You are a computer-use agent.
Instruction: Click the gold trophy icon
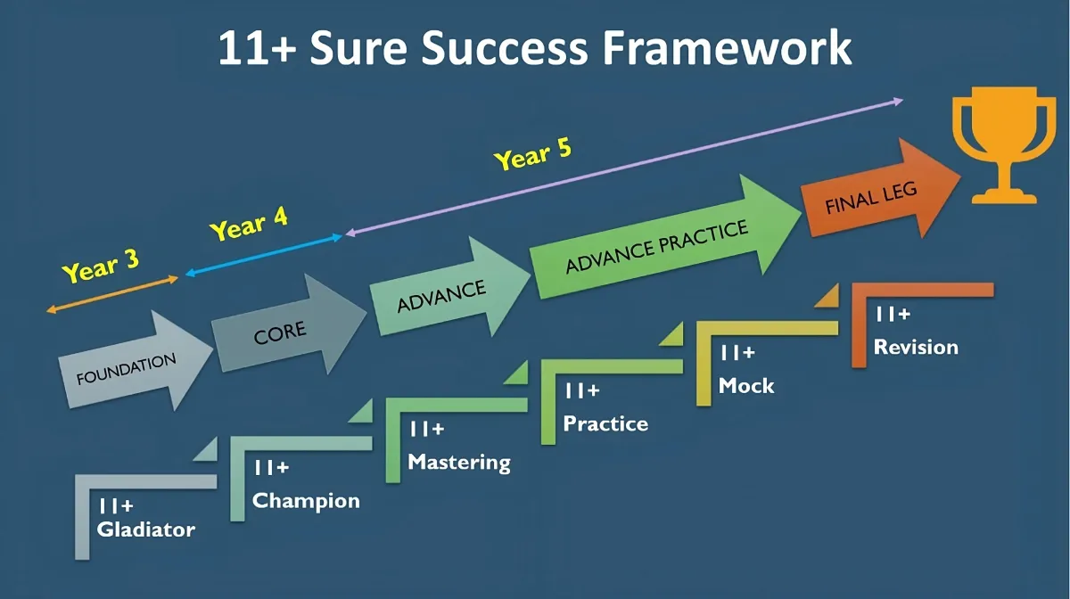coord(1004,144)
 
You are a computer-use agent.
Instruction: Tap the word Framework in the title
coord(727,48)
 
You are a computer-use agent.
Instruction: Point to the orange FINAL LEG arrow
coord(880,189)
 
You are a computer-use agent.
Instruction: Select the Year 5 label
coord(532,154)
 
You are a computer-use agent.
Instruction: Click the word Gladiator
coord(146,529)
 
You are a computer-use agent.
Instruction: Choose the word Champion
coord(306,502)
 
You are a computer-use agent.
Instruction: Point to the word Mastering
coord(459,463)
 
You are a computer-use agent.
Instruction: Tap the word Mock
coord(746,386)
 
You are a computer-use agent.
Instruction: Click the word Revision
coord(917,348)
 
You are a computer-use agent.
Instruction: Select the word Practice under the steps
coord(605,424)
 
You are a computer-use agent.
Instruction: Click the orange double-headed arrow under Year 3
coord(112,295)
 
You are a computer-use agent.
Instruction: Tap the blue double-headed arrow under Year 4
coord(264,255)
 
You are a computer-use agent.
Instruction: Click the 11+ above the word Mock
coord(737,353)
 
